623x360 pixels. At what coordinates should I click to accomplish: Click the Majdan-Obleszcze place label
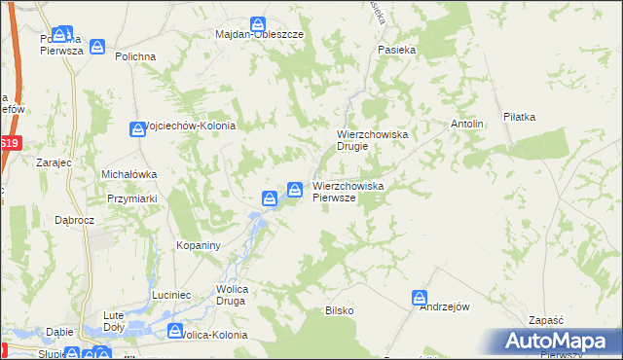pyautogui.click(x=259, y=34)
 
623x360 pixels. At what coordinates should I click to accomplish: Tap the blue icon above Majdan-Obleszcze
pyautogui.click(x=258, y=22)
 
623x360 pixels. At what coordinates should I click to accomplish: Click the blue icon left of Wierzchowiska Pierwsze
pyautogui.click(x=294, y=188)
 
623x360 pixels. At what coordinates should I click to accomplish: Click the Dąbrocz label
pyautogui.click(x=74, y=221)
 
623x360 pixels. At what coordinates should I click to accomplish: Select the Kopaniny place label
pyautogui.click(x=200, y=245)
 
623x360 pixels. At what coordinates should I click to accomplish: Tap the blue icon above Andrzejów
pyautogui.click(x=420, y=297)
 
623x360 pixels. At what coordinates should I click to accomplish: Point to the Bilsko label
pyautogui.click(x=339, y=310)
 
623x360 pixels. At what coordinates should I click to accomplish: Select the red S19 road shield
pyautogui.click(x=10, y=143)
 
